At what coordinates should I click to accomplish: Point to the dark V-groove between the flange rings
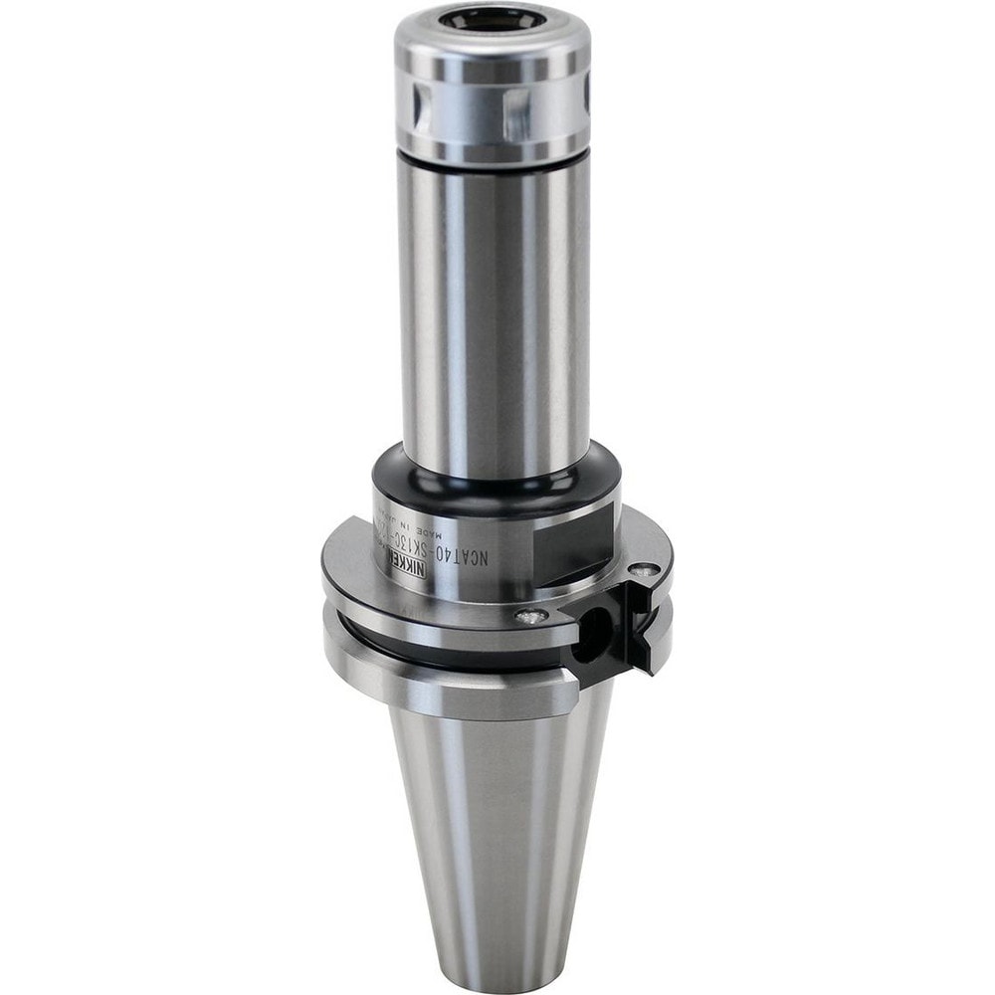(398, 637)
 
